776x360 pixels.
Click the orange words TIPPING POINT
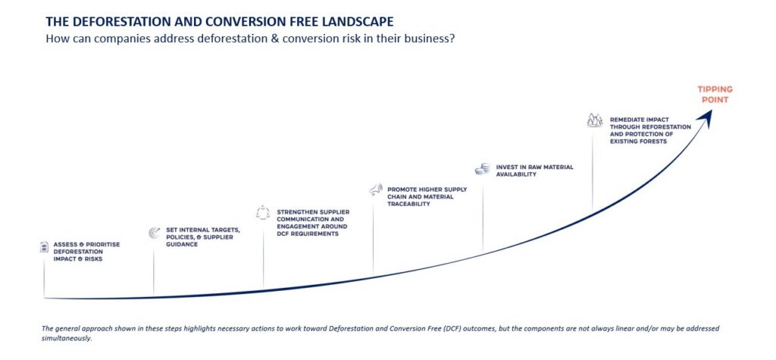coord(715,95)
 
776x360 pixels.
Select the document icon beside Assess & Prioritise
coord(45,246)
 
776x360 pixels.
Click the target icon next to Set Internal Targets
coord(155,233)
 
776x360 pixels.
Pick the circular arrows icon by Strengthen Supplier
coord(263,212)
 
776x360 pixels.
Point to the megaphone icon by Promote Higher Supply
coord(376,189)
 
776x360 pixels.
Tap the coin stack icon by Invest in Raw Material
coord(483,169)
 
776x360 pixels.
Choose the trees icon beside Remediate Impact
coord(594,120)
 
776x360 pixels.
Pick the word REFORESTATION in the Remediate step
coord(664,127)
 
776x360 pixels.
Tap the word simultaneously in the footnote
coord(67,339)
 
